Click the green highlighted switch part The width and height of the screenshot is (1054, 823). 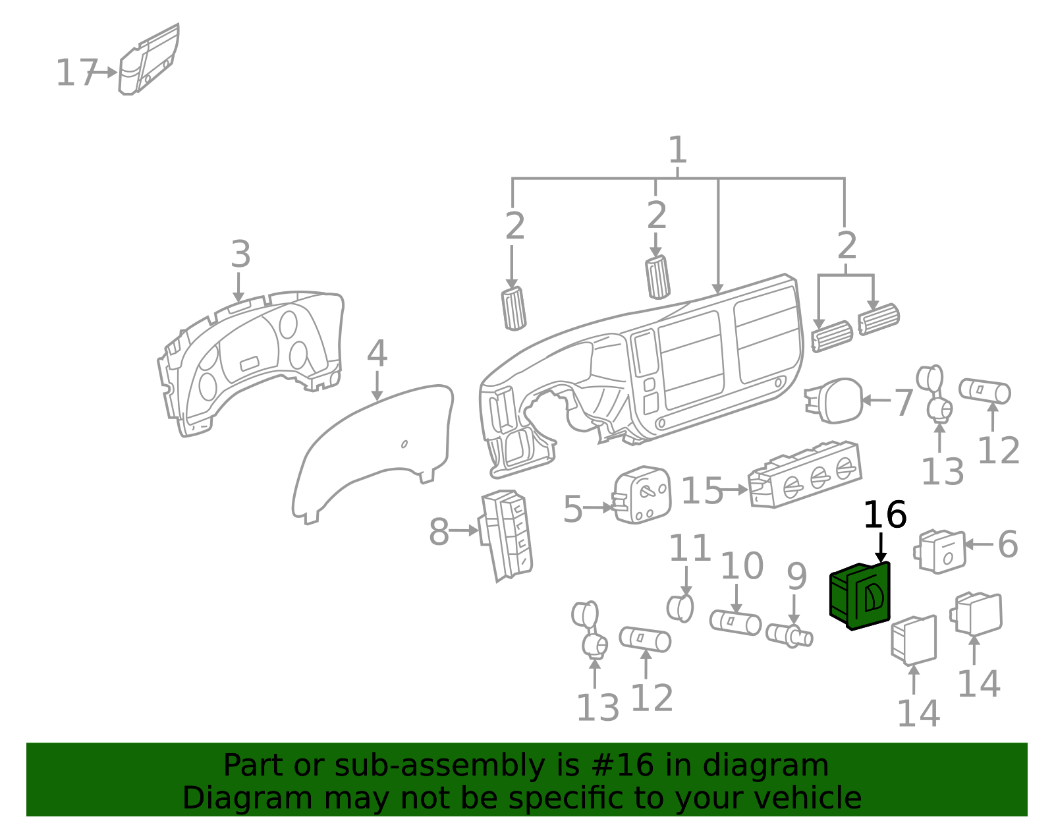pos(860,596)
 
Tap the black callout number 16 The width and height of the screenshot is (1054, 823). pos(884,515)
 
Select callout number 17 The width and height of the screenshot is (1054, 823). pos(76,72)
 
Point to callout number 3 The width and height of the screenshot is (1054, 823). pos(240,254)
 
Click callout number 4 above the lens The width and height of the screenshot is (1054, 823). pos(377,354)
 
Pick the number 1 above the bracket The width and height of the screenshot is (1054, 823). pos(677,150)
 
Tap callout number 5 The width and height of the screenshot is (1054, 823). pos(572,509)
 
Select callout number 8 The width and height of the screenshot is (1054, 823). pos(439,532)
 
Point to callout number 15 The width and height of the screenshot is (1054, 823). pos(701,491)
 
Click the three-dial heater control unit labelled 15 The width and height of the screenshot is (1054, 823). pos(805,474)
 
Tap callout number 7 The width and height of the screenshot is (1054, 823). pos(903,403)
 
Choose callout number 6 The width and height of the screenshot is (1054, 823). pos(1008,544)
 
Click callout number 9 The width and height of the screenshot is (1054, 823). pos(796,577)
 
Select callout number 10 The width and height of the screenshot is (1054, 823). pos(742,566)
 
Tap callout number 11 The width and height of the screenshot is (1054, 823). pos(690,548)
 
